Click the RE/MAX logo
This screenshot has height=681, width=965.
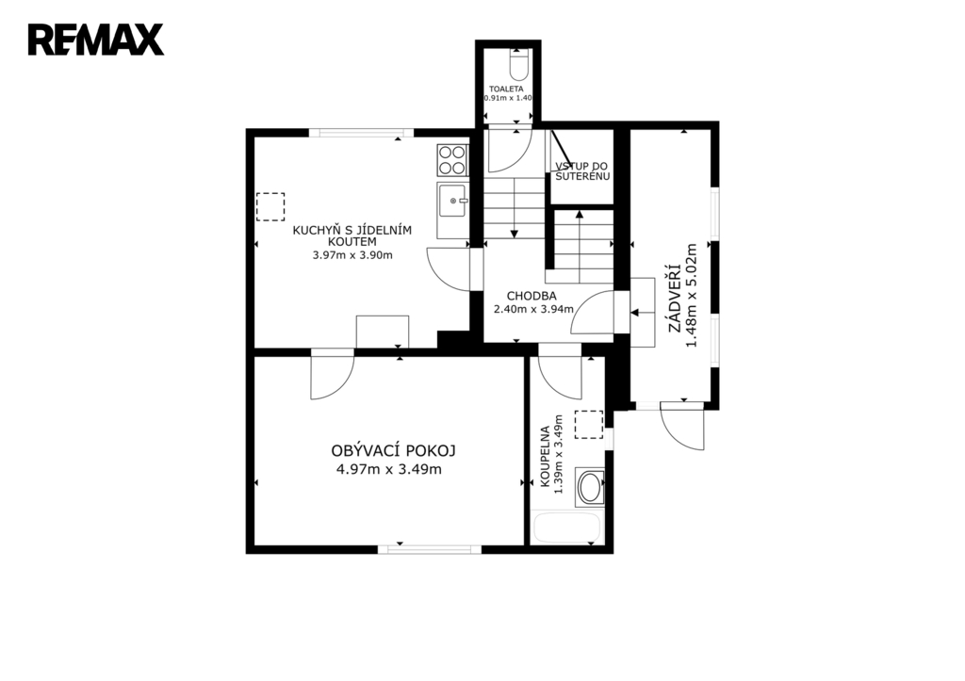coord(96,40)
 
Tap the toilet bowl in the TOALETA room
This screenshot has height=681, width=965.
coord(519,66)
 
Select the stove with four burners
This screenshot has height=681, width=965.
coord(452,160)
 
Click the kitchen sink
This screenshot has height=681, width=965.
coord(452,201)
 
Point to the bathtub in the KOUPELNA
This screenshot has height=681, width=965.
coord(566,528)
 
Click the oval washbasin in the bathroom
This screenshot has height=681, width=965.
coord(591,487)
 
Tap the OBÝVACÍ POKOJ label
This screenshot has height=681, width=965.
coord(393,451)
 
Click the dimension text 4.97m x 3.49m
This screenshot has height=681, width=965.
coord(389,470)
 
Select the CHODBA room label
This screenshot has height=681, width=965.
coord(532,296)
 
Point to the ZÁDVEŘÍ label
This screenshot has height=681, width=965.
coord(675,298)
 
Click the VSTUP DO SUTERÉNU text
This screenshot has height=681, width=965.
coord(582,171)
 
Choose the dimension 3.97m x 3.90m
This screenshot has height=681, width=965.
coord(352,255)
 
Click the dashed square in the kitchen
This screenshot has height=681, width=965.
coord(270,206)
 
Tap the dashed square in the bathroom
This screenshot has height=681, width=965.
coord(589,425)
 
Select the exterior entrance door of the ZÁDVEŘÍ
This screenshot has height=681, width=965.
coord(683,426)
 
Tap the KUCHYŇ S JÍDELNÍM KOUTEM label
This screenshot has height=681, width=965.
coord(352,236)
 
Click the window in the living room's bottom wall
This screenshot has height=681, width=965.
coord(430,549)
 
